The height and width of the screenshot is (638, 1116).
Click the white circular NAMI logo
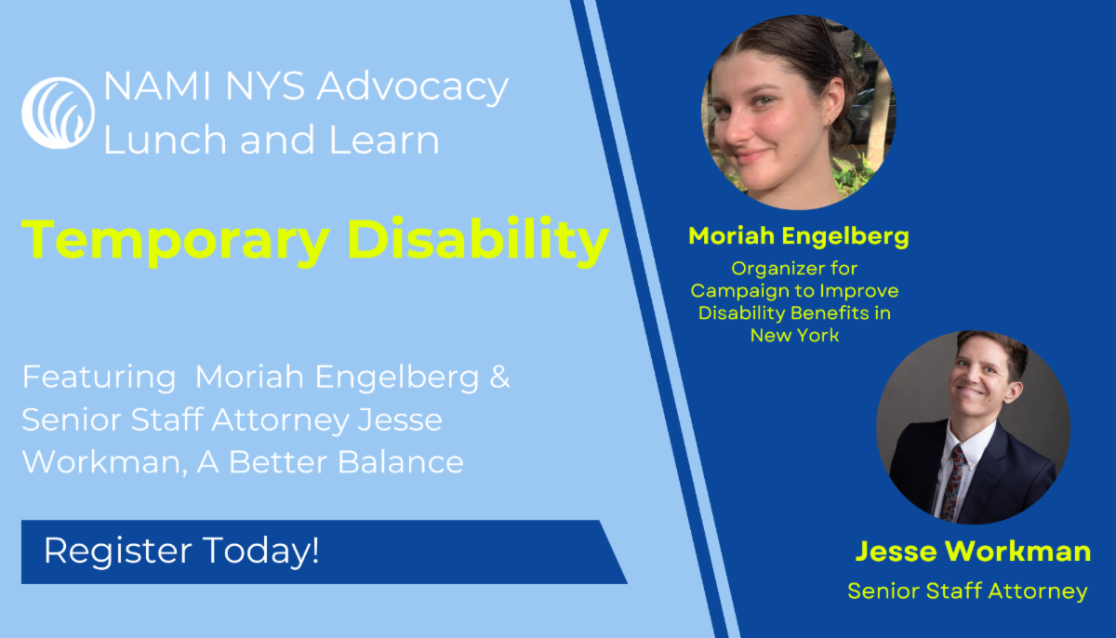click(58, 113)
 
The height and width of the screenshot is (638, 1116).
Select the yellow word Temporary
click(176, 242)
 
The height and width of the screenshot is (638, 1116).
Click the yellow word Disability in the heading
click(478, 241)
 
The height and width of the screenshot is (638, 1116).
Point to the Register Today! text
click(181, 551)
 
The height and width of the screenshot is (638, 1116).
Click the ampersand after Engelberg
click(499, 376)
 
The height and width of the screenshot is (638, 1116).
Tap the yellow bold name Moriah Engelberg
click(799, 237)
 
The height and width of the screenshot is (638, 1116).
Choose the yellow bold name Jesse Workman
click(973, 551)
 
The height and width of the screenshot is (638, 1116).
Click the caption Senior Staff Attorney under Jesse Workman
click(967, 591)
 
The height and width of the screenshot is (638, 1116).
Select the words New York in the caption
click(794, 335)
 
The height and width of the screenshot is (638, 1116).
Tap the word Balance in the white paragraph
click(401, 461)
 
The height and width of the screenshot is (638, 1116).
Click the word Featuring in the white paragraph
click(99, 378)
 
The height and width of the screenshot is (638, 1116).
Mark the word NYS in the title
click(265, 86)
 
